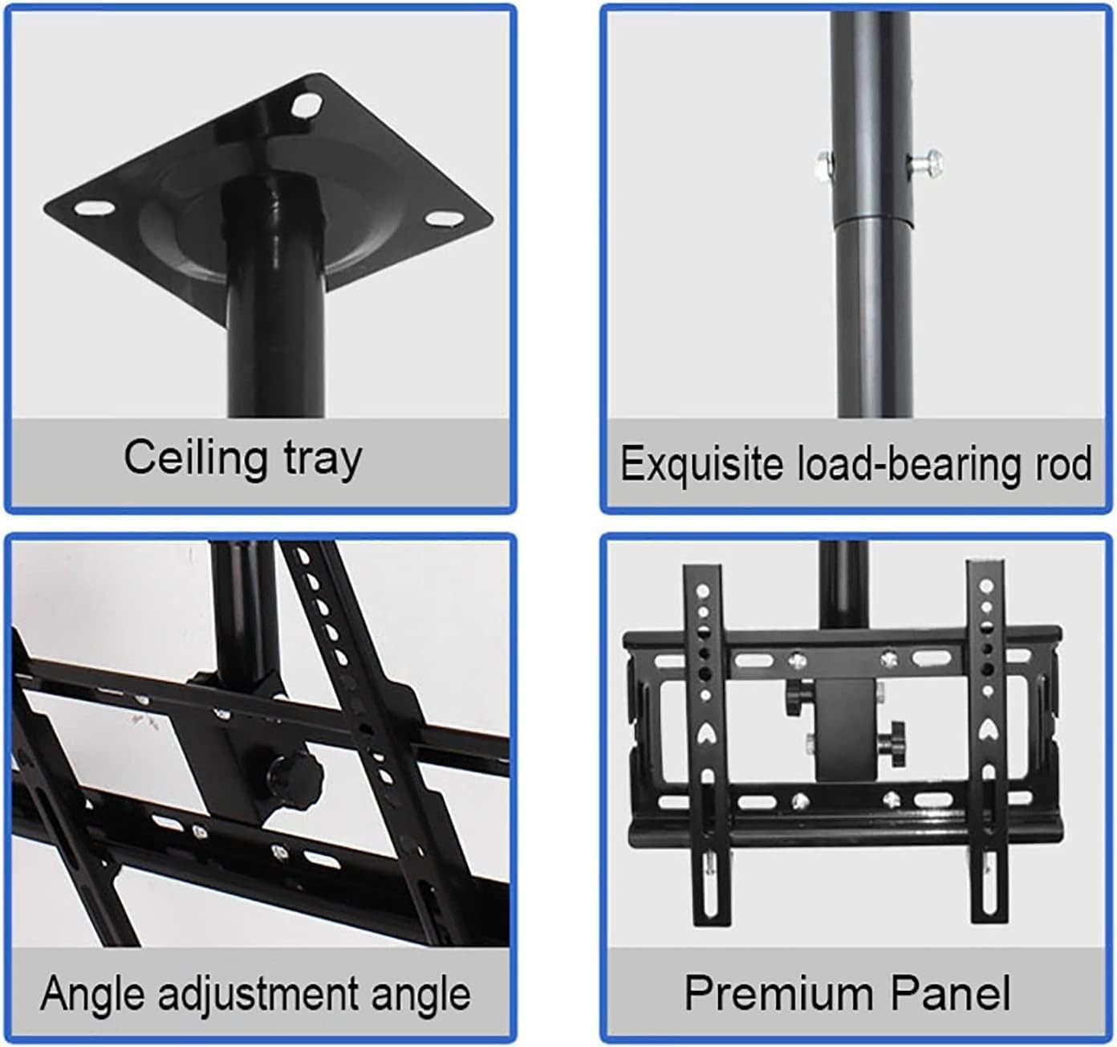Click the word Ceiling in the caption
pyautogui.click(x=195, y=458)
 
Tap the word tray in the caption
pyautogui.click(x=322, y=459)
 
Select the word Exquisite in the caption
pyautogui.click(x=702, y=464)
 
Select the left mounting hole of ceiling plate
pyautogui.click(x=94, y=209)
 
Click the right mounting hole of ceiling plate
pyautogui.click(x=441, y=218)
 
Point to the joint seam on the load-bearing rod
pyautogui.click(x=872, y=219)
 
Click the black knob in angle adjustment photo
pyautogui.click(x=294, y=775)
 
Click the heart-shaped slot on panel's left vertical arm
pyautogui.click(x=705, y=731)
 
